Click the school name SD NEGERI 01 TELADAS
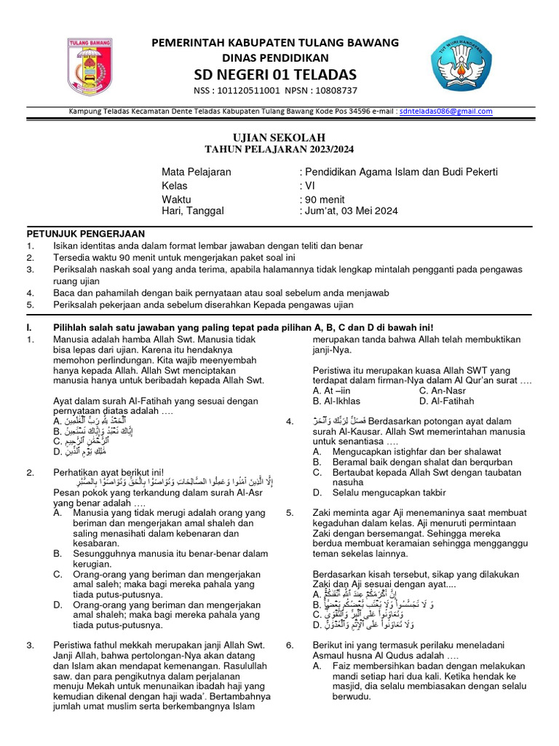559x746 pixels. point(274,74)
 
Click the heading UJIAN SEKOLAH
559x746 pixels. point(279,138)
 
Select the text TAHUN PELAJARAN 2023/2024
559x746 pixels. point(279,149)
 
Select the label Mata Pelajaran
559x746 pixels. point(196,172)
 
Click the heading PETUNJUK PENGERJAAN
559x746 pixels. point(86,234)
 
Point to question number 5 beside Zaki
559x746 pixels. point(290,513)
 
